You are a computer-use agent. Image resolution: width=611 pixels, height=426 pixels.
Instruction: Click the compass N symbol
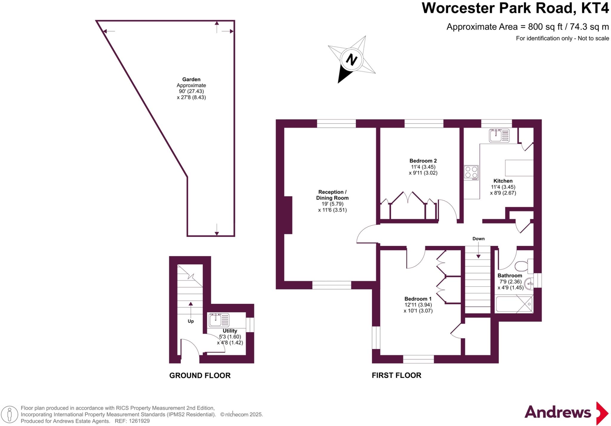(x=351, y=59)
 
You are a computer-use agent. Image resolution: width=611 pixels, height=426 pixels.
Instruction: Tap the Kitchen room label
(x=503, y=181)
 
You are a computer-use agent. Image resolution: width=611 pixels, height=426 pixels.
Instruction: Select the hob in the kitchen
(x=471, y=172)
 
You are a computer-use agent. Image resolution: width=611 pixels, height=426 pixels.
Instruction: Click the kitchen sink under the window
(x=499, y=135)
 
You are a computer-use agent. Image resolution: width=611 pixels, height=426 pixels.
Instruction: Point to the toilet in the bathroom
(x=524, y=266)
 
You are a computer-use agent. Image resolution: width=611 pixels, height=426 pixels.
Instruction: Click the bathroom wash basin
(x=529, y=283)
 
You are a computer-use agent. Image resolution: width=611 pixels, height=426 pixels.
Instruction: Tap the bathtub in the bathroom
(x=514, y=304)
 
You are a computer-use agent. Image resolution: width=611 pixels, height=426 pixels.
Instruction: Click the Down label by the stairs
(x=478, y=239)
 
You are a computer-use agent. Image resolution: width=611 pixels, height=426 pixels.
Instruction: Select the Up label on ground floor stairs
(x=191, y=321)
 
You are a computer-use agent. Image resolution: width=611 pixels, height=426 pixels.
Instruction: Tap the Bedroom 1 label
(x=418, y=299)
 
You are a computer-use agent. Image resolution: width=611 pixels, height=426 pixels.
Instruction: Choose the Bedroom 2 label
(x=423, y=161)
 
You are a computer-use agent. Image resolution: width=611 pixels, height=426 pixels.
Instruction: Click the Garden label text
(x=191, y=79)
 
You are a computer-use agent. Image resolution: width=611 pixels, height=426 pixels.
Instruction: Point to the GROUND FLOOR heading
(x=200, y=376)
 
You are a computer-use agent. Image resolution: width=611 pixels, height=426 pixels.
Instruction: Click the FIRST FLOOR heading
(x=396, y=376)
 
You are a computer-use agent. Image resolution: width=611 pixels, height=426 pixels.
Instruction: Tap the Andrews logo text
(x=558, y=413)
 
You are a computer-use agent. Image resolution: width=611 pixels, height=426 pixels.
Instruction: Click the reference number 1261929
(x=139, y=421)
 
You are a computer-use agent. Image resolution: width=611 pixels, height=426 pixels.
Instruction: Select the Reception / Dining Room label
(x=332, y=195)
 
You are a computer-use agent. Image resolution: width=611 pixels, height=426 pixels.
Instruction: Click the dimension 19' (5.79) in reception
(x=332, y=204)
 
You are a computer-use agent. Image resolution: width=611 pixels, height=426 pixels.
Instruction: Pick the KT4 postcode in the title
(x=595, y=8)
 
